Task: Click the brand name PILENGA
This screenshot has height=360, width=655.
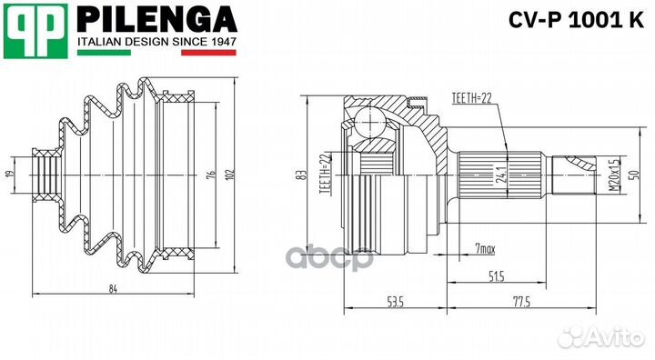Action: click(x=155, y=19)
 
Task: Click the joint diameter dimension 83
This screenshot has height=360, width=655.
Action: click(x=299, y=175)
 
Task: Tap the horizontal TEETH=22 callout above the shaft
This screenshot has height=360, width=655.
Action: click(x=471, y=97)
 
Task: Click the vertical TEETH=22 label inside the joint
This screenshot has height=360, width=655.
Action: click(x=324, y=174)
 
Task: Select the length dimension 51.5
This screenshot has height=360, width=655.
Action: click(x=495, y=275)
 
